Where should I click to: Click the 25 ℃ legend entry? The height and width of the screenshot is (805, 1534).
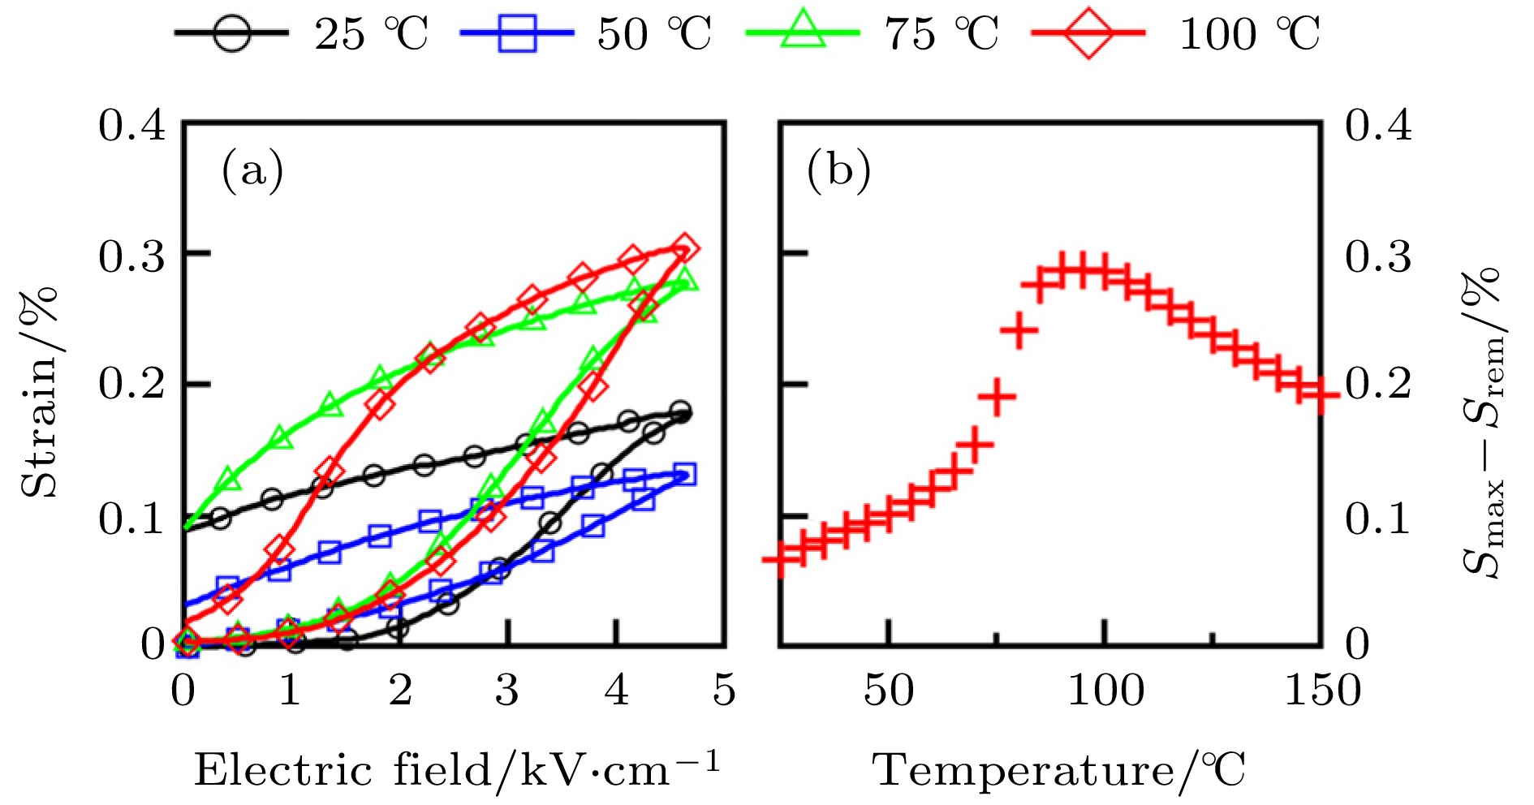[300, 34]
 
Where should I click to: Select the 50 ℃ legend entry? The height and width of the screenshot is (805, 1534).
[584, 34]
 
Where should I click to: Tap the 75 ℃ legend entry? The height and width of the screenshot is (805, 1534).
[872, 34]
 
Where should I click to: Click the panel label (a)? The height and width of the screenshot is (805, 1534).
[252, 170]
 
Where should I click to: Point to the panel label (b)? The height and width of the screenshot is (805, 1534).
[838, 170]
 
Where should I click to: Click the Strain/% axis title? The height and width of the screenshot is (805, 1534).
[41, 391]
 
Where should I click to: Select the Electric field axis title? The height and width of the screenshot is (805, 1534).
[456, 769]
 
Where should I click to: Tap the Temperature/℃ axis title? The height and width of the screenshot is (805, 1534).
[1059, 769]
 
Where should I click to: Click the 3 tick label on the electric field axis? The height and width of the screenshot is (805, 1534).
[507, 691]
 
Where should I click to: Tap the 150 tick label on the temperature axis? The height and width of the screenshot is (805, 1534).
[1322, 691]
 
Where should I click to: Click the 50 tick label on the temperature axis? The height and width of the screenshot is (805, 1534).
[889, 691]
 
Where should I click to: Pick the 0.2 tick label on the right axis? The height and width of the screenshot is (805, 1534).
[1378, 383]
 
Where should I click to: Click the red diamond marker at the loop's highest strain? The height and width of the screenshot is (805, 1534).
[684, 248]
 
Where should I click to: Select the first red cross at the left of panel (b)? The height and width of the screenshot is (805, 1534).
[779, 559]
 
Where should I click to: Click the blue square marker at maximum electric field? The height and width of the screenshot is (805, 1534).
[684, 474]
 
